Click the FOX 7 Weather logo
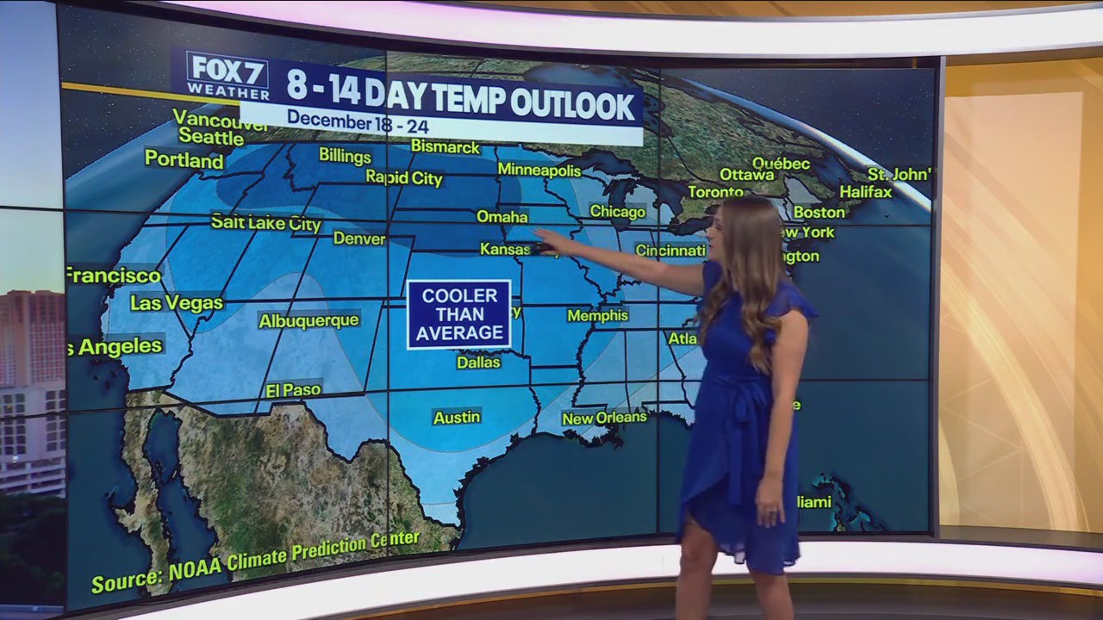227,75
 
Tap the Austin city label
457,418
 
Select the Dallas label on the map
478,363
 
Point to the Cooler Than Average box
458,314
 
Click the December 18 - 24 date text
358,121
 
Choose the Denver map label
359,238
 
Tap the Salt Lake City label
265,223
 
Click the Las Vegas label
177,303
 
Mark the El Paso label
294,390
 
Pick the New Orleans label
604,418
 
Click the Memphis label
597,315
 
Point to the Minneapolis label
539,170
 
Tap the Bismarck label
445,146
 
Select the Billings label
345,156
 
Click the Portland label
184,159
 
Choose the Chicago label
617,211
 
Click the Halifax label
865,191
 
